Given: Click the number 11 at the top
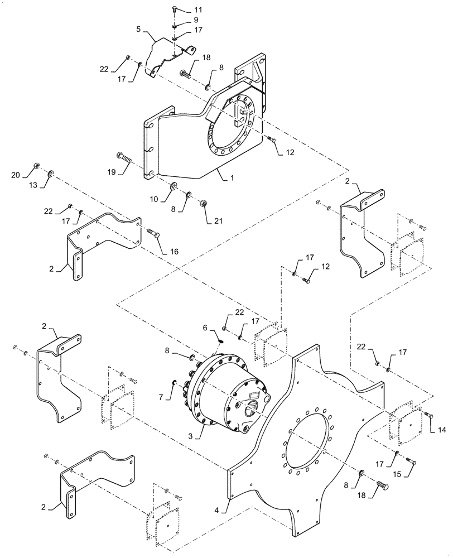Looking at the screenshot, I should click(184, 9).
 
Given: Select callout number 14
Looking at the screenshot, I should click(442, 431).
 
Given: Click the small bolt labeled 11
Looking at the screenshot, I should click(175, 9).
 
